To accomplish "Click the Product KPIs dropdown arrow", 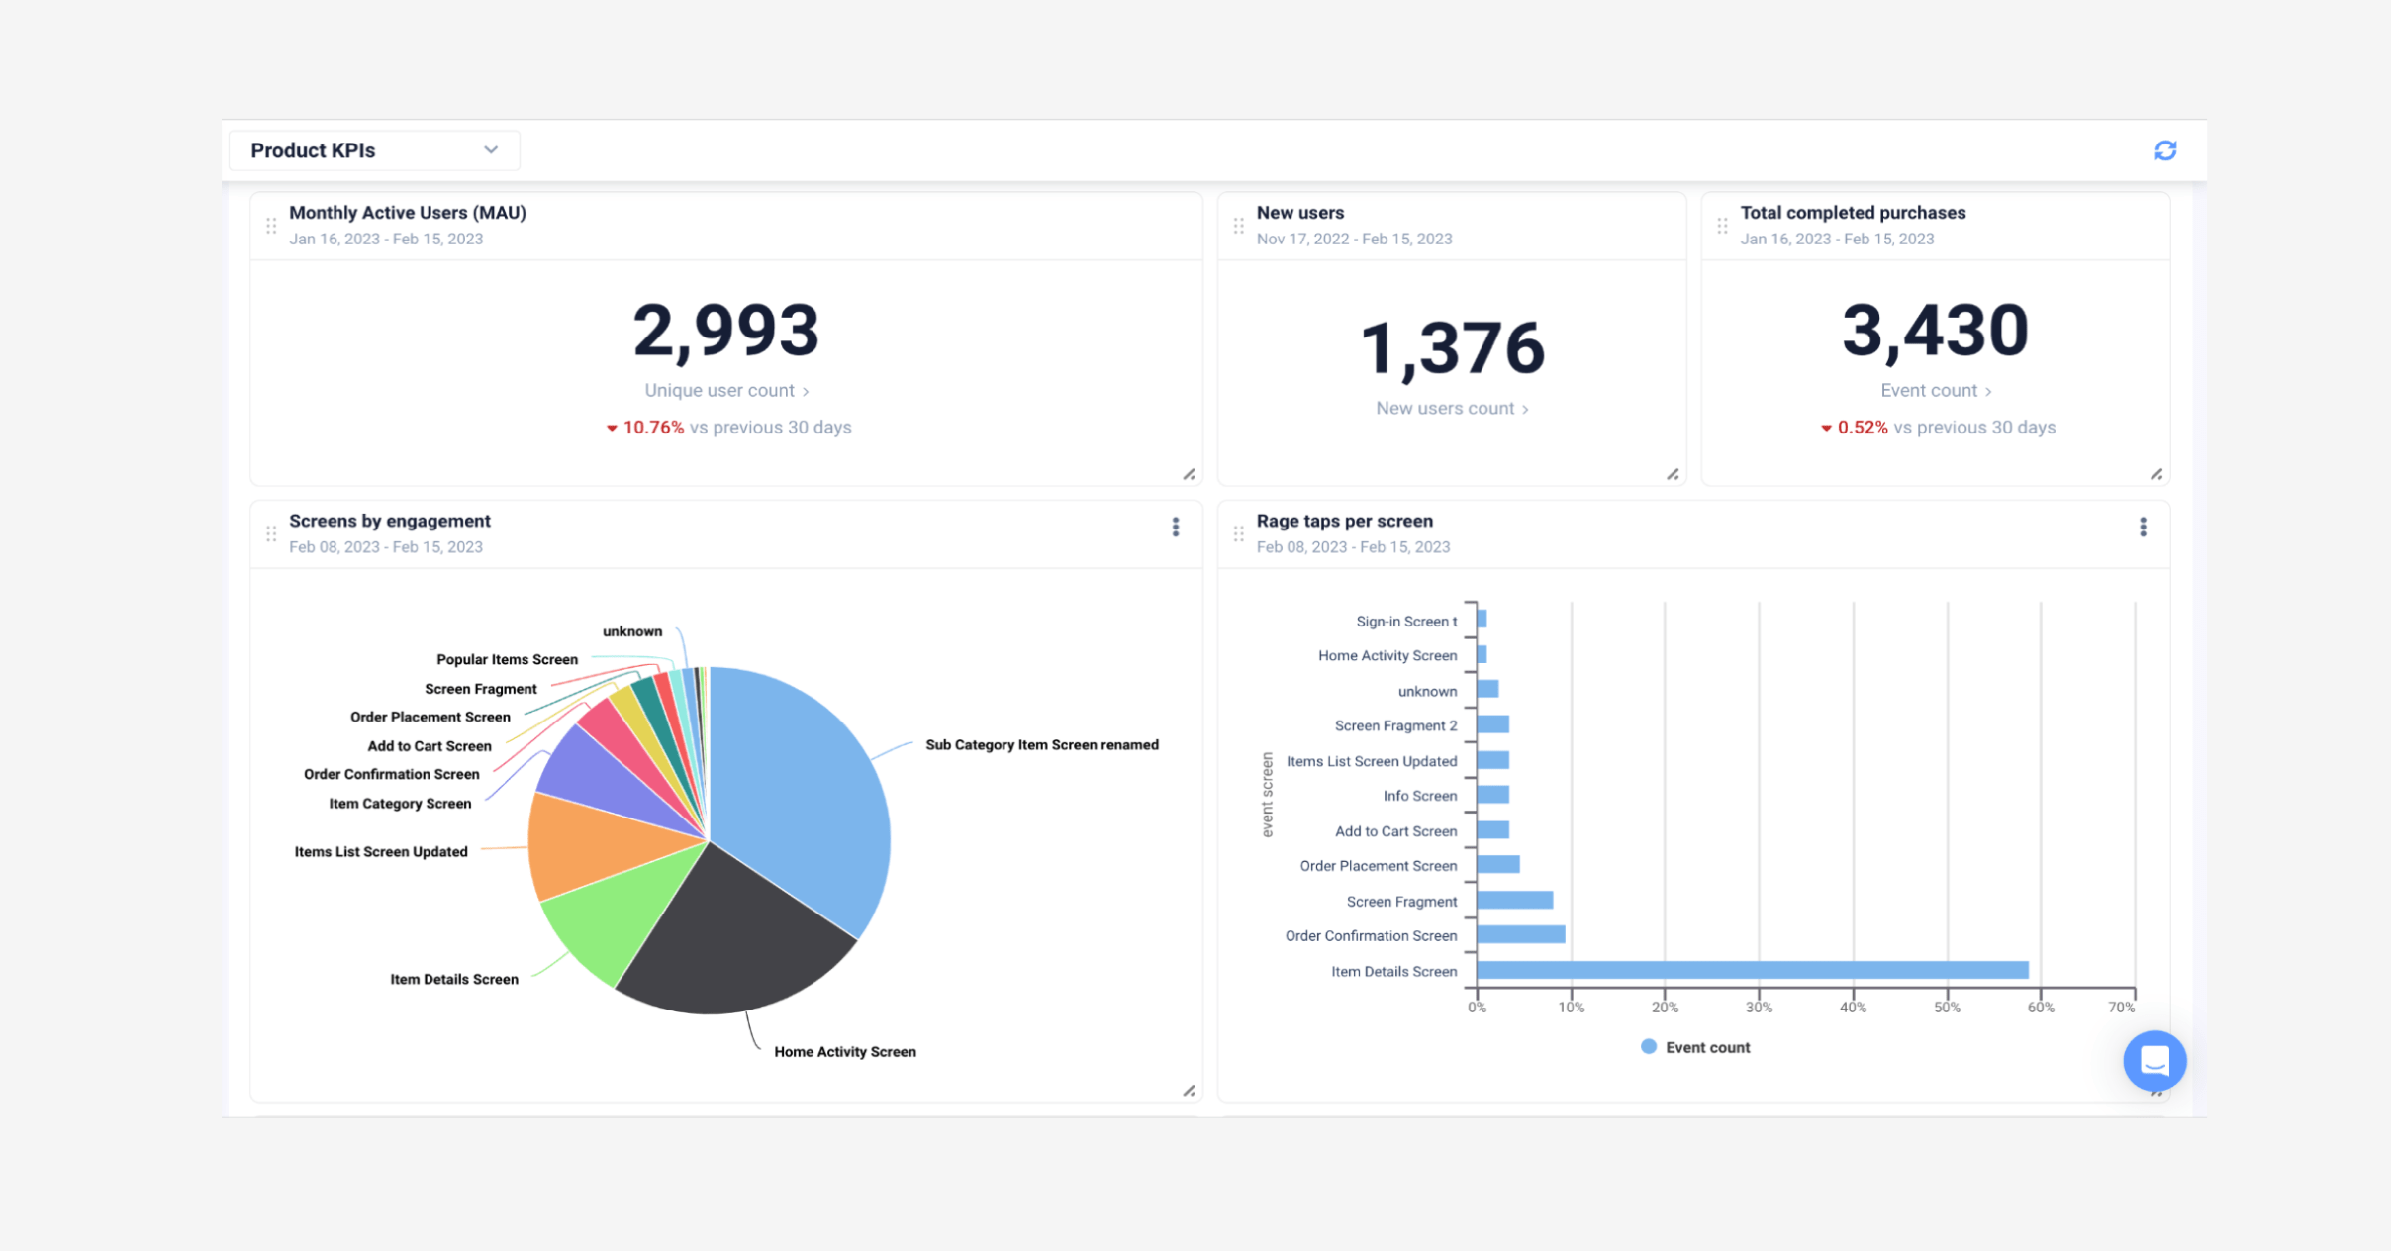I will point(491,150).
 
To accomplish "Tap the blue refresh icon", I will point(2165,150).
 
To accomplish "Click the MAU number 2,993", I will point(725,331).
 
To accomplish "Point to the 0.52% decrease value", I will point(1862,428).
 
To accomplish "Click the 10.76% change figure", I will point(652,428).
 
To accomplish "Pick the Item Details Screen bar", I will point(1752,970).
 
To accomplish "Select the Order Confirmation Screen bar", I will point(1520,934).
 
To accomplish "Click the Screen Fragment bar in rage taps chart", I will point(1514,900).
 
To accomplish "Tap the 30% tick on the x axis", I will point(1759,1007).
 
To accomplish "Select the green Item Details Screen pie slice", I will point(604,920).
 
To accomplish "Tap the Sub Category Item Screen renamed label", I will point(1041,744).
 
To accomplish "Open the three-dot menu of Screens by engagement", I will point(1176,527).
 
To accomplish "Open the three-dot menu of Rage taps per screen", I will point(2143,527).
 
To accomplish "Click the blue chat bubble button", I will point(2154,1061).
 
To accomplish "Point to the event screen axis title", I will point(1267,794).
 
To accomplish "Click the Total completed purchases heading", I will point(1853,213).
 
